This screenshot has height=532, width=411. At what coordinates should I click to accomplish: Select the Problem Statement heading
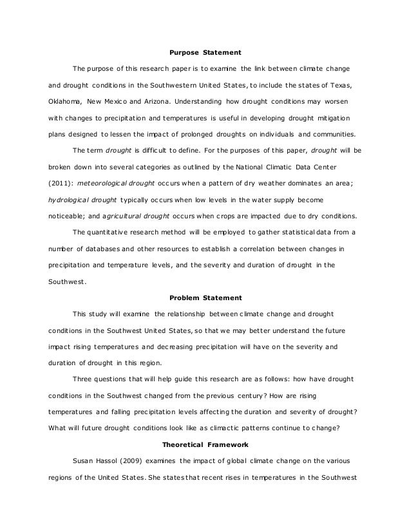click(x=205, y=298)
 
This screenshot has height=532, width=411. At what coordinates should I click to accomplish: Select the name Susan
click(x=84, y=461)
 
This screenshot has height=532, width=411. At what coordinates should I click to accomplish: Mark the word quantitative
click(x=119, y=232)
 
